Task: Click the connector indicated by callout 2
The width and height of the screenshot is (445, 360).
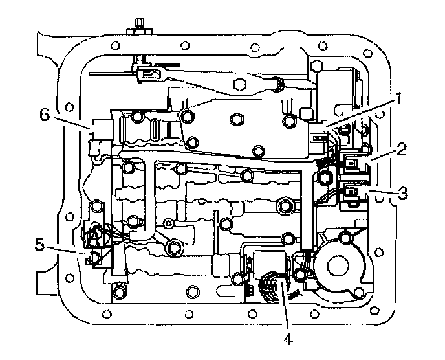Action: (352, 164)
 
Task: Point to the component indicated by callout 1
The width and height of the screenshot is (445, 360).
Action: (318, 137)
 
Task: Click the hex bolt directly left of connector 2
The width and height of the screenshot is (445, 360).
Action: (325, 175)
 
